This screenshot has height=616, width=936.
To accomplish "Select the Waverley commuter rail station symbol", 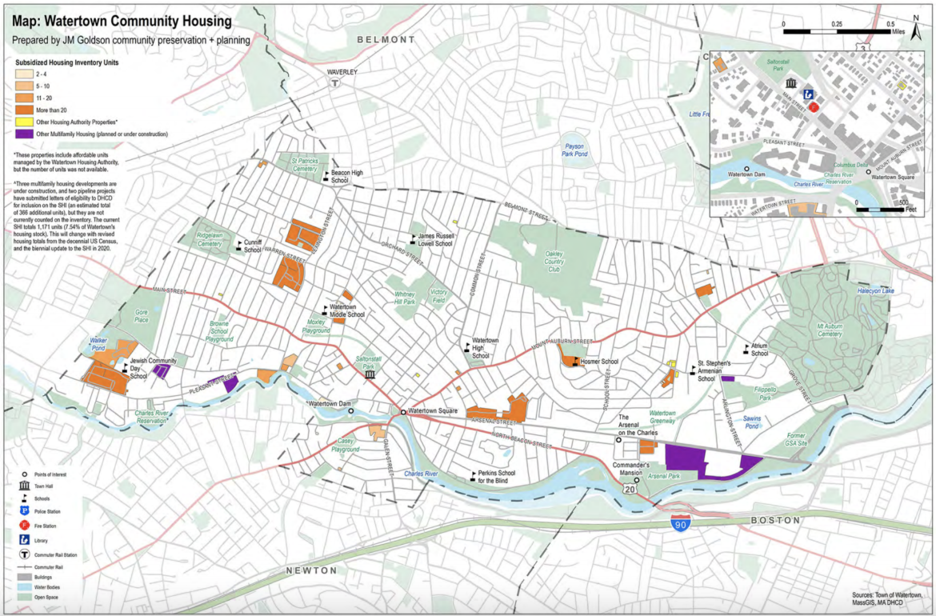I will pyautogui.click(x=338, y=82).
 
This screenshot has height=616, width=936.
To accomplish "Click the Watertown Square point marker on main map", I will pyautogui.click(x=403, y=411).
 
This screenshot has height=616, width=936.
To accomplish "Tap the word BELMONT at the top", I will pyautogui.click(x=386, y=39).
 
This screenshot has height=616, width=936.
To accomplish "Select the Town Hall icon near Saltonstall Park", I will pyautogui.click(x=370, y=374).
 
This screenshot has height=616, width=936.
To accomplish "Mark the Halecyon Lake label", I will pyautogui.click(x=876, y=291).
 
